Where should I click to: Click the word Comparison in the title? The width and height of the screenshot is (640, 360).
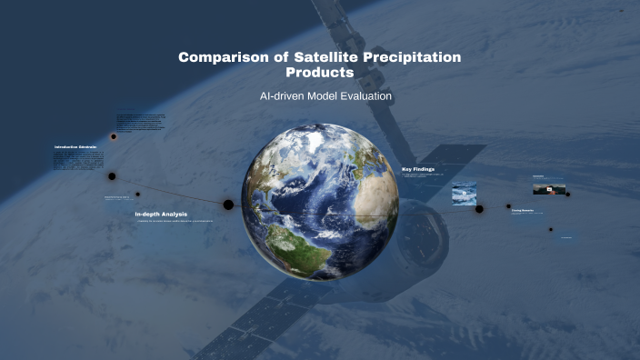pos(223,57)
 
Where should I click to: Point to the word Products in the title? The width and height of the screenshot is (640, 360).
pos(319,73)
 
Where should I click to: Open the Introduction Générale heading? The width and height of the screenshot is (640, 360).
pos(75,146)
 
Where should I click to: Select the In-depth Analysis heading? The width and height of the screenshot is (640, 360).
pos(161,214)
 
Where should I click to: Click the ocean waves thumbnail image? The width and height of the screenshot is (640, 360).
pos(465,193)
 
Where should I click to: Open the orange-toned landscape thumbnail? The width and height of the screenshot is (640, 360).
pos(548,187)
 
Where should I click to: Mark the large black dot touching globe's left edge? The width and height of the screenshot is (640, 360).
pos(228,205)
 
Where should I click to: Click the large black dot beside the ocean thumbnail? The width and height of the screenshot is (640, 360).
pos(479,209)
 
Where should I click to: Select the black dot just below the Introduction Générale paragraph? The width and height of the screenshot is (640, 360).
pos(112,176)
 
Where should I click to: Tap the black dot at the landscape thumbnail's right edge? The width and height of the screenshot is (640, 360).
pos(567,193)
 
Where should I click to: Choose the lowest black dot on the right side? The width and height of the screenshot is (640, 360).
pos(550,229)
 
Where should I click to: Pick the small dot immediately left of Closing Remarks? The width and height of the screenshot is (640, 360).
pos(508,206)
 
